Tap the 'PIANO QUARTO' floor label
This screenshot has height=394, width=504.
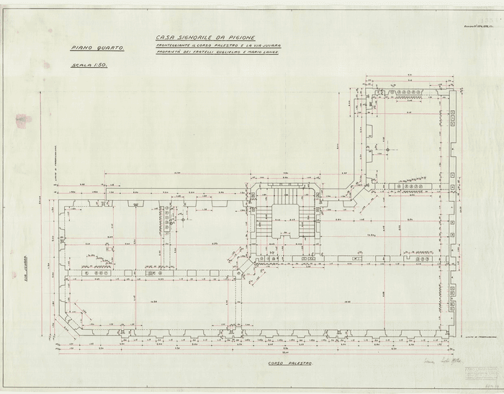pos(97,48)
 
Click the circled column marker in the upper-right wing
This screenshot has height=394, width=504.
pos(387,150)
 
